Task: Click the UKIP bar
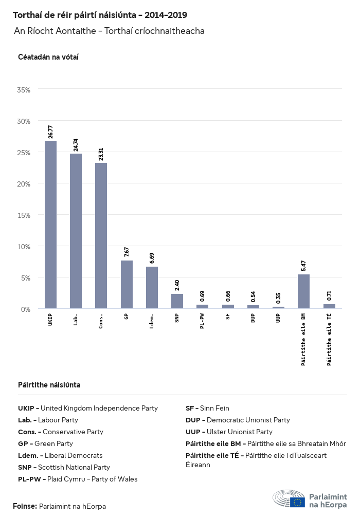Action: coord(50,225)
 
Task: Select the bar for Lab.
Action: coord(76,231)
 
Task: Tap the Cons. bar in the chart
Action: coord(101,235)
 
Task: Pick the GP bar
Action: coord(127,285)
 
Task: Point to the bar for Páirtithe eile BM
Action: coord(303,291)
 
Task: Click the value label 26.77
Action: coord(50,132)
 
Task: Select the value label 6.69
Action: coord(152,258)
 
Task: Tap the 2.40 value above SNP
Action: coord(177,285)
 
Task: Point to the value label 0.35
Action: coord(278,298)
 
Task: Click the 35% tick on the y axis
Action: coord(24,90)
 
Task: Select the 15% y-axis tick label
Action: coord(24,215)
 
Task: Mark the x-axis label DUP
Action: coord(253,319)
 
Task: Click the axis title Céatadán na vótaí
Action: coord(48,57)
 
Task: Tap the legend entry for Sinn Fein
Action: coord(207,408)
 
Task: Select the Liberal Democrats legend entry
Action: coord(60,455)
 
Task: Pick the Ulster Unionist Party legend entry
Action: coord(229,432)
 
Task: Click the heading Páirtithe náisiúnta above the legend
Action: coord(49,384)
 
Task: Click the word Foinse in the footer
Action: coord(25,506)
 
